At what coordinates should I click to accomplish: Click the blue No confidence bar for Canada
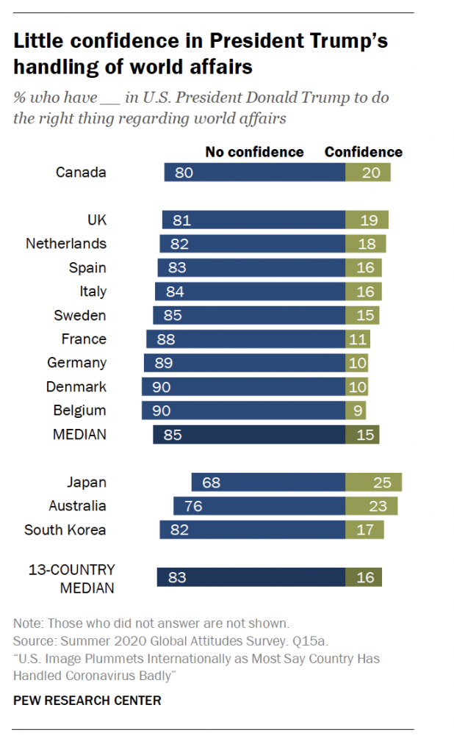(x=254, y=173)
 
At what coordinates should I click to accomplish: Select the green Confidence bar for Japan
(x=373, y=482)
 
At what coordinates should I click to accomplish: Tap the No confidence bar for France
(x=245, y=339)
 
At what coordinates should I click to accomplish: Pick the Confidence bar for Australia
(x=371, y=506)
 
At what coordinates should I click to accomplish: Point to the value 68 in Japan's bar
(x=211, y=482)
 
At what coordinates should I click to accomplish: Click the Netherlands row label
(x=66, y=244)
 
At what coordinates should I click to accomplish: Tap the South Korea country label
(x=65, y=530)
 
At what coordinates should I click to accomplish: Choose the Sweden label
(x=80, y=316)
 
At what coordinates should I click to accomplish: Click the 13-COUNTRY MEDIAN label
(x=71, y=579)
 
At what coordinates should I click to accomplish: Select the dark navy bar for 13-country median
(x=251, y=577)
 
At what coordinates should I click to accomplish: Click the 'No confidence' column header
(x=254, y=152)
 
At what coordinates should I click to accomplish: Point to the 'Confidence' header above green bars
(x=364, y=152)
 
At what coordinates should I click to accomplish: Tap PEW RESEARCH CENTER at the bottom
(x=87, y=701)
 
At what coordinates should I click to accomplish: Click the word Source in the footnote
(x=32, y=640)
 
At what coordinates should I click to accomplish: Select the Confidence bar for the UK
(x=367, y=220)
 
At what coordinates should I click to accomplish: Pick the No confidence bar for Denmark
(x=243, y=387)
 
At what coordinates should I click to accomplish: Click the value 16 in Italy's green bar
(x=364, y=292)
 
